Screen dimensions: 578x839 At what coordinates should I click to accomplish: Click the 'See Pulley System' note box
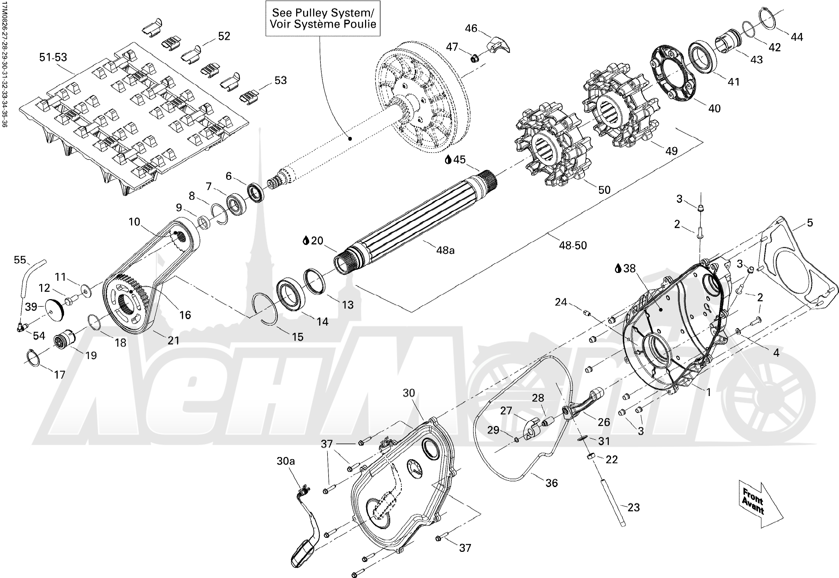(x=323, y=18)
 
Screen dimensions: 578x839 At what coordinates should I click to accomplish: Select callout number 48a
(x=445, y=250)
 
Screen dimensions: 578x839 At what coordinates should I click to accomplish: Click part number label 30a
(x=286, y=461)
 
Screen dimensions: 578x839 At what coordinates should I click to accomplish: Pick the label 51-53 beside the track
(x=53, y=57)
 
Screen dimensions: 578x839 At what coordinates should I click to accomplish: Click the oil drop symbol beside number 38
(x=618, y=268)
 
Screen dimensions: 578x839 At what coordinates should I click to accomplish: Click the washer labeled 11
(x=86, y=290)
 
